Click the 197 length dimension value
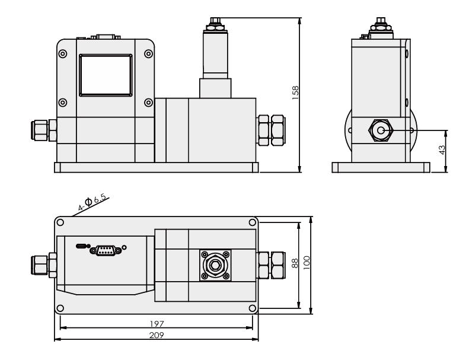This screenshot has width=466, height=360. [157, 324]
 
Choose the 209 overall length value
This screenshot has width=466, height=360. [157, 335]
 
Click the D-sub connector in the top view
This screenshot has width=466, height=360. [106, 250]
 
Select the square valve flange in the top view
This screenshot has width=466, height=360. [215, 265]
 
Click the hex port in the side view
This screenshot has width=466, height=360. [379, 130]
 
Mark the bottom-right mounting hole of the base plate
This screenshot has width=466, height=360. [253, 307]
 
